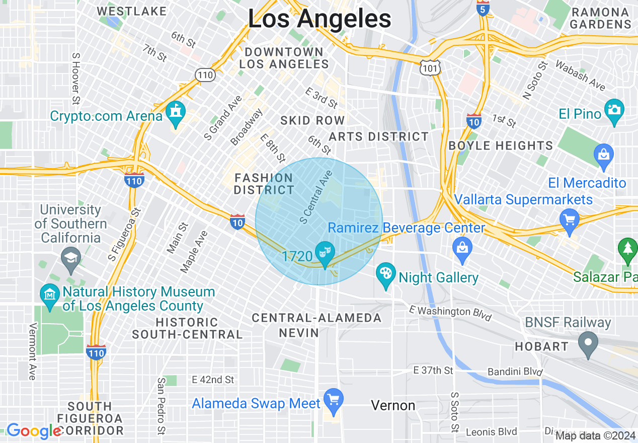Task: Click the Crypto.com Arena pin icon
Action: coord(176,111)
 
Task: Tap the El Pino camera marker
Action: coord(614,109)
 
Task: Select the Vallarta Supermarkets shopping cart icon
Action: coord(570,220)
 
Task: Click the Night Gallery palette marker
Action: coord(386,274)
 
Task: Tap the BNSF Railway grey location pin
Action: coord(587,344)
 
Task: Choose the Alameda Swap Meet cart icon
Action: coord(333,399)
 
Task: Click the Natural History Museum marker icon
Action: coord(49,292)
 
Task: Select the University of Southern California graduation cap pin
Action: coord(70,258)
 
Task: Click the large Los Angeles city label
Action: coord(320,19)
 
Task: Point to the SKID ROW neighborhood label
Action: coord(312,120)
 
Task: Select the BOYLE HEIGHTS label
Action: coord(501,146)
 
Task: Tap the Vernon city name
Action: coord(393,405)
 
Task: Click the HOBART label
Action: coord(541,346)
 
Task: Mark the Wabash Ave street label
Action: coord(580,75)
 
